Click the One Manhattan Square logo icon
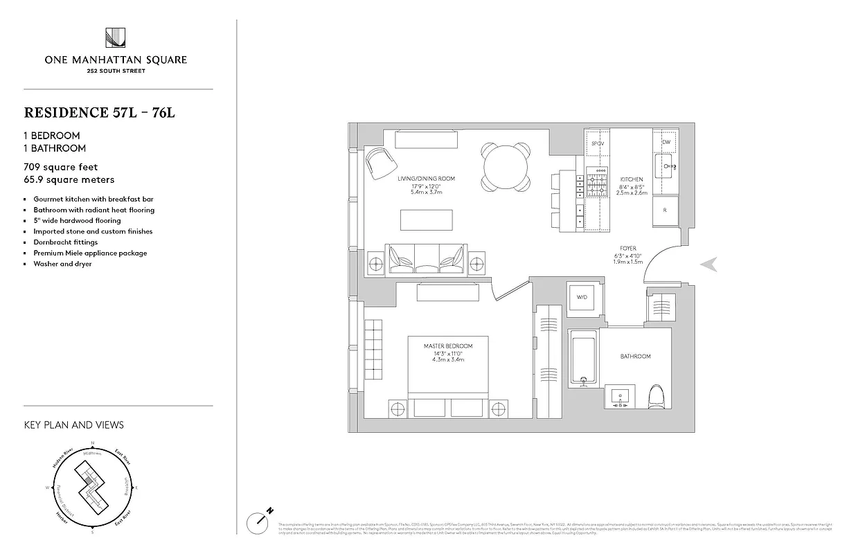click(x=116, y=39)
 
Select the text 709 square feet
click(x=61, y=167)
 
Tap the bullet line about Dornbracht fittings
click(x=66, y=242)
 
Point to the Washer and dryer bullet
click(x=62, y=264)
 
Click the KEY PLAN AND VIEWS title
click(x=73, y=425)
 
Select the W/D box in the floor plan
click(x=581, y=298)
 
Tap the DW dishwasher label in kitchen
click(x=666, y=142)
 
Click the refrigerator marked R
click(x=665, y=209)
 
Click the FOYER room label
click(x=628, y=248)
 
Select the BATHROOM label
click(x=635, y=356)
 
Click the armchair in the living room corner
click(x=380, y=163)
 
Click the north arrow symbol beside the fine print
click(x=260, y=520)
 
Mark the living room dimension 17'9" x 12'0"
click(x=426, y=186)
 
